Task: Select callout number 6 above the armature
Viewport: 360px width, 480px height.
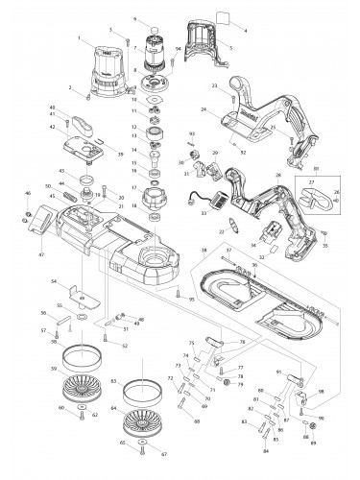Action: point(135,19)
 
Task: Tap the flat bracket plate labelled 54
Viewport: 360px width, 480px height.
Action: point(73,292)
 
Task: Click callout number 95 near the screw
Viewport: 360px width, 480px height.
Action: point(192,300)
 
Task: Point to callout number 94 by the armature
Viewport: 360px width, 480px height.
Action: point(178,47)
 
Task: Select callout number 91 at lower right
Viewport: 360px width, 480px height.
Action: point(279,371)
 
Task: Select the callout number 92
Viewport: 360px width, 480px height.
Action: point(244,152)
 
